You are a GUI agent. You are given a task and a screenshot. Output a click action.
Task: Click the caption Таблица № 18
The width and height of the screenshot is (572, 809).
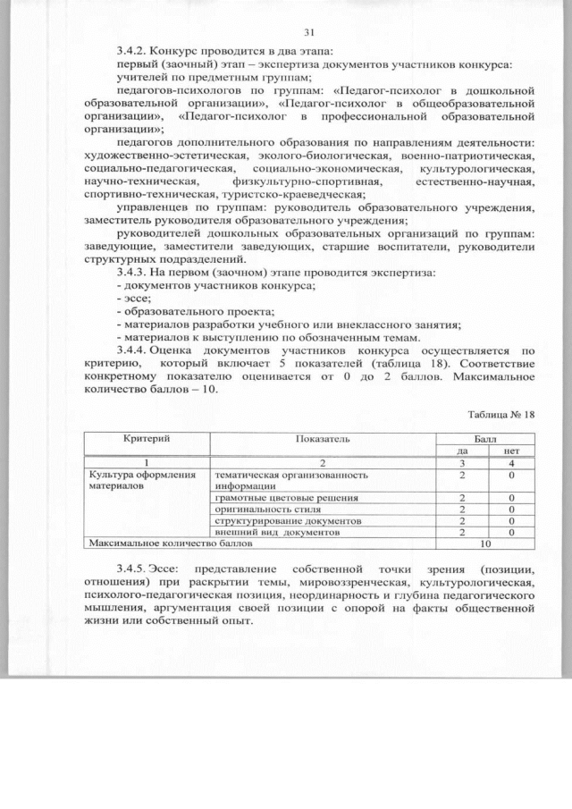500,415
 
